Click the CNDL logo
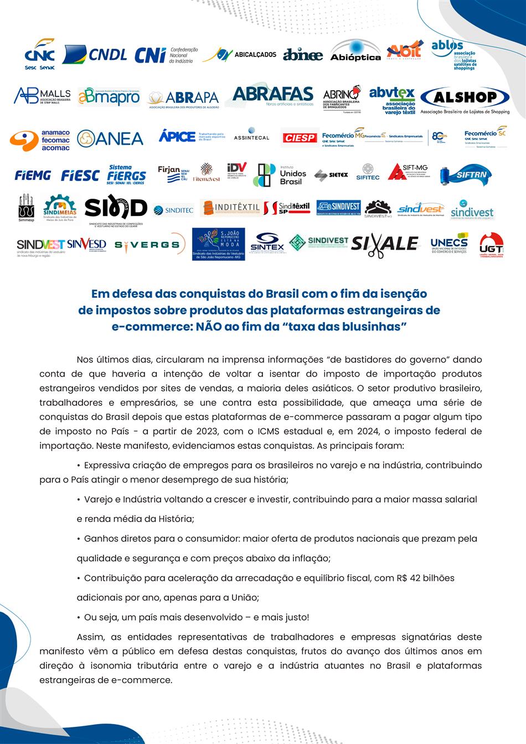click(95, 54)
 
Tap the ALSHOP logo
click(465, 100)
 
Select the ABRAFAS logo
click(272, 96)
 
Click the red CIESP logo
click(299, 138)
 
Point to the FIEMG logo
click(33, 175)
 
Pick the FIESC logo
click(80, 175)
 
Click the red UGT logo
click(491, 245)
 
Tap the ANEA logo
click(110, 138)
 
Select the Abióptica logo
click(355, 50)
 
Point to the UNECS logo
click(449, 245)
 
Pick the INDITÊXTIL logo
click(231, 208)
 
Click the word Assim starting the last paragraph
click(90, 637)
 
